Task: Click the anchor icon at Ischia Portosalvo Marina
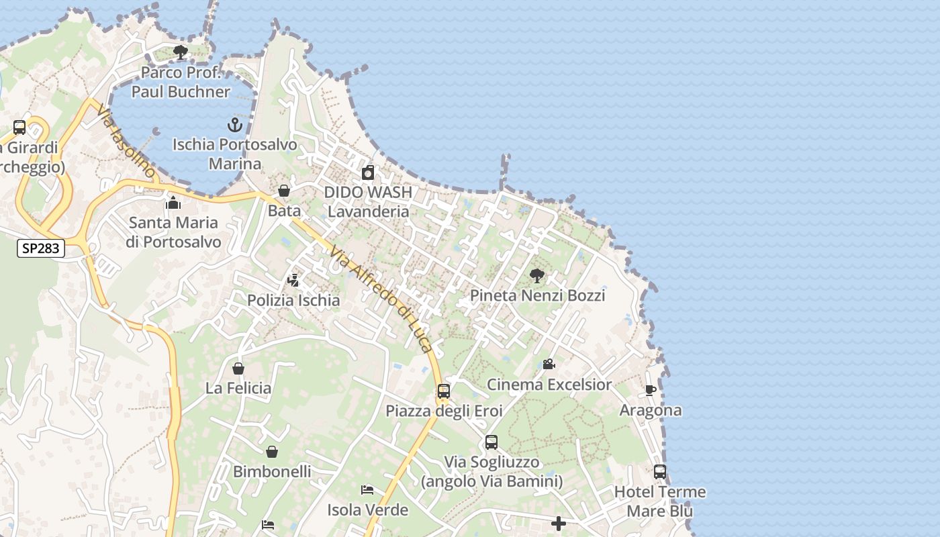point(234,124)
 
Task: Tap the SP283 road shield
point(40,248)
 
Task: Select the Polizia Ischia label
point(293,300)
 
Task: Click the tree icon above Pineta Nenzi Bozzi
point(536,275)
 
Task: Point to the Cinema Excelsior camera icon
point(549,364)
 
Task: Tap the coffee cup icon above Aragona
point(650,390)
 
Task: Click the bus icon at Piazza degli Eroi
point(443,391)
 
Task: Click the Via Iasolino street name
point(126,142)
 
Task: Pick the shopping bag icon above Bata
point(284,191)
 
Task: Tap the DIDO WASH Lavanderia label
point(367,201)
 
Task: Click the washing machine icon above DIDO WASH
point(367,173)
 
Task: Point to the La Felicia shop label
point(238,388)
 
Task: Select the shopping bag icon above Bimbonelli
point(272,452)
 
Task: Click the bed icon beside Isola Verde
point(367,490)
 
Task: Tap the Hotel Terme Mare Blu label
point(660,501)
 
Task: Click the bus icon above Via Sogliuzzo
point(491,442)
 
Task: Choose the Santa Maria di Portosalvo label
point(173,232)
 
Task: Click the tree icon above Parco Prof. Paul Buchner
point(180,52)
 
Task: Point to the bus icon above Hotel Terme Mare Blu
point(660,472)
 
